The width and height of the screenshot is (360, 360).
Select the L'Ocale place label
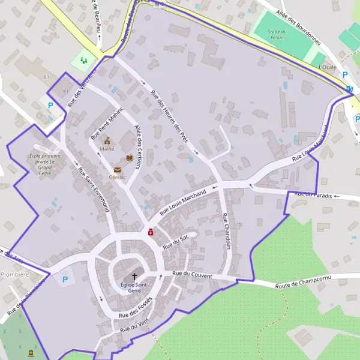[329, 67]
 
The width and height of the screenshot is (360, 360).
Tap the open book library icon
[129, 158]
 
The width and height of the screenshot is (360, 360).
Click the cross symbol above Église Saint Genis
[134, 276]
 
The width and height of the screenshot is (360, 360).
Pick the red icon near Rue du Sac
[151, 232]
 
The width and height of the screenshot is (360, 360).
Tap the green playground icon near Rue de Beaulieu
[83, 61]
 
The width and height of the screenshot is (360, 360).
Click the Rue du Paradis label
[314, 194]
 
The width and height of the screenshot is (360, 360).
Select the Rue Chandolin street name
[226, 231]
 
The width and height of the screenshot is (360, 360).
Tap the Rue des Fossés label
[133, 308]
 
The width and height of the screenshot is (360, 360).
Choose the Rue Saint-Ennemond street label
[94, 189]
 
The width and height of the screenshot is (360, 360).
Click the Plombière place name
[14, 274]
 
